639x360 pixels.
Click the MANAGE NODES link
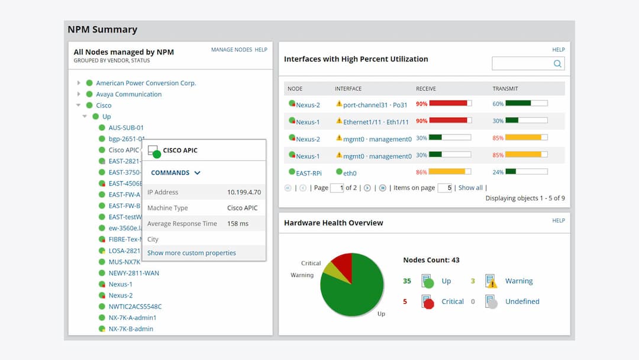(x=231, y=50)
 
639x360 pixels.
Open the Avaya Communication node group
(x=128, y=94)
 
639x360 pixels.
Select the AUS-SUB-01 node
(x=125, y=127)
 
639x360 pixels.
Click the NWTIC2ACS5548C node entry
(x=134, y=307)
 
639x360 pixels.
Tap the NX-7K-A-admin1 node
(x=132, y=318)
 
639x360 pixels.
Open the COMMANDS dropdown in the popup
(x=176, y=173)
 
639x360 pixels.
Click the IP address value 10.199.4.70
(x=244, y=192)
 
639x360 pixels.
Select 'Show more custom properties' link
(x=191, y=253)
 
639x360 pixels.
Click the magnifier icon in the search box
(x=557, y=64)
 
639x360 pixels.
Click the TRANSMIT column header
(x=505, y=89)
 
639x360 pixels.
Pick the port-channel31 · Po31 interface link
(x=375, y=105)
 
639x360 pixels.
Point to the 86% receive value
(x=421, y=172)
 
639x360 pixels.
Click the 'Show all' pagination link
(x=470, y=188)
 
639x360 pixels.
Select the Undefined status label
(x=522, y=301)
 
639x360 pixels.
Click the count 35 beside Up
(x=407, y=281)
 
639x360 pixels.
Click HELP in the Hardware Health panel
(x=558, y=220)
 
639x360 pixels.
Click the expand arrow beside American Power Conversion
(x=79, y=83)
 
